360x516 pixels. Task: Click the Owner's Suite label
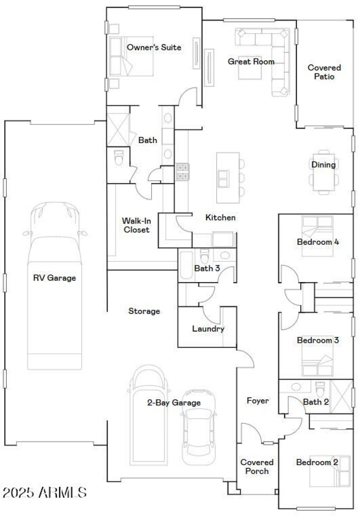[x=154, y=47]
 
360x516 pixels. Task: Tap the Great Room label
[x=251, y=62]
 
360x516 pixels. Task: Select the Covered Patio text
[x=324, y=72]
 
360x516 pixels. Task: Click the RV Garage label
[x=54, y=278]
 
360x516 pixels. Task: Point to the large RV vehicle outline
[x=55, y=288]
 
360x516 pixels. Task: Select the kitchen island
[x=228, y=178]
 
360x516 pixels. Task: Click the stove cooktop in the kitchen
[x=183, y=171]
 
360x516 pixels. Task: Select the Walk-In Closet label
[x=135, y=225]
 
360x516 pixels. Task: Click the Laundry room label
[x=208, y=329]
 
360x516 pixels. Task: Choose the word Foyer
[x=257, y=400]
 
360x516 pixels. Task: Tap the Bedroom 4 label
[x=318, y=242]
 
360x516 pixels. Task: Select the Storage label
[x=144, y=311]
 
